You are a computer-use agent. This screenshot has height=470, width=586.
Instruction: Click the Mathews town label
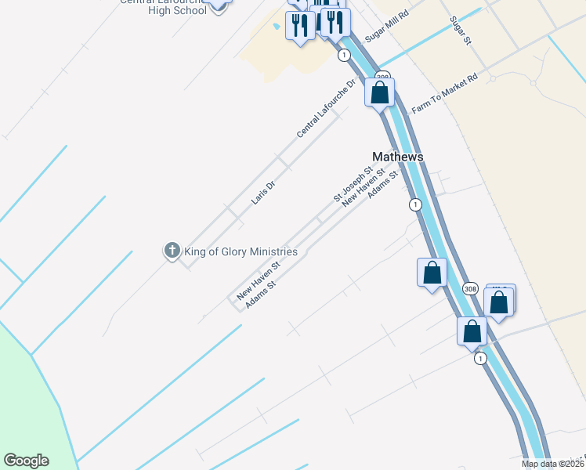click(x=397, y=157)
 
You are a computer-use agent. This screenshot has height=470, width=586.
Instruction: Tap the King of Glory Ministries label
click(x=241, y=251)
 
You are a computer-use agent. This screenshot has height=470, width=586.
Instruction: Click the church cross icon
click(x=172, y=251)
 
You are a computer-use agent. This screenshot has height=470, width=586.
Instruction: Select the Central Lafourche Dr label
click(x=326, y=108)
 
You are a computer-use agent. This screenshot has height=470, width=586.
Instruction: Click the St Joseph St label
click(x=353, y=184)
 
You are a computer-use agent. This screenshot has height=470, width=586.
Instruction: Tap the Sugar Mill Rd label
click(x=387, y=27)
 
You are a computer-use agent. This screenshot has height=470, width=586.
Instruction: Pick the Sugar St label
click(x=459, y=30)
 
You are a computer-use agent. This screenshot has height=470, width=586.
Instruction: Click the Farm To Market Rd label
click(x=444, y=94)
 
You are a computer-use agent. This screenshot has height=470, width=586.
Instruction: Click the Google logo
click(x=26, y=461)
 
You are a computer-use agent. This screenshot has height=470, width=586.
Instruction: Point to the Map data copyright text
click(x=552, y=464)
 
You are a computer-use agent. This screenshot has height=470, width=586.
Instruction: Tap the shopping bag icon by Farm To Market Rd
click(x=380, y=92)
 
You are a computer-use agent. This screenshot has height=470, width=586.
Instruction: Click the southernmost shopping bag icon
click(x=472, y=331)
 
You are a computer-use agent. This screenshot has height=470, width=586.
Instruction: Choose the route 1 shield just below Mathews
click(x=414, y=204)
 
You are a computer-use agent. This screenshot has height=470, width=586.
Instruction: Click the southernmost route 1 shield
click(x=480, y=358)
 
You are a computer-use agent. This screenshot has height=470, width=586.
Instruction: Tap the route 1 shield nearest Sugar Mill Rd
click(x=344, y=55)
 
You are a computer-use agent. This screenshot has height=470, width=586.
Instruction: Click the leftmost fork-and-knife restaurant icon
click(x=299, y=26)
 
